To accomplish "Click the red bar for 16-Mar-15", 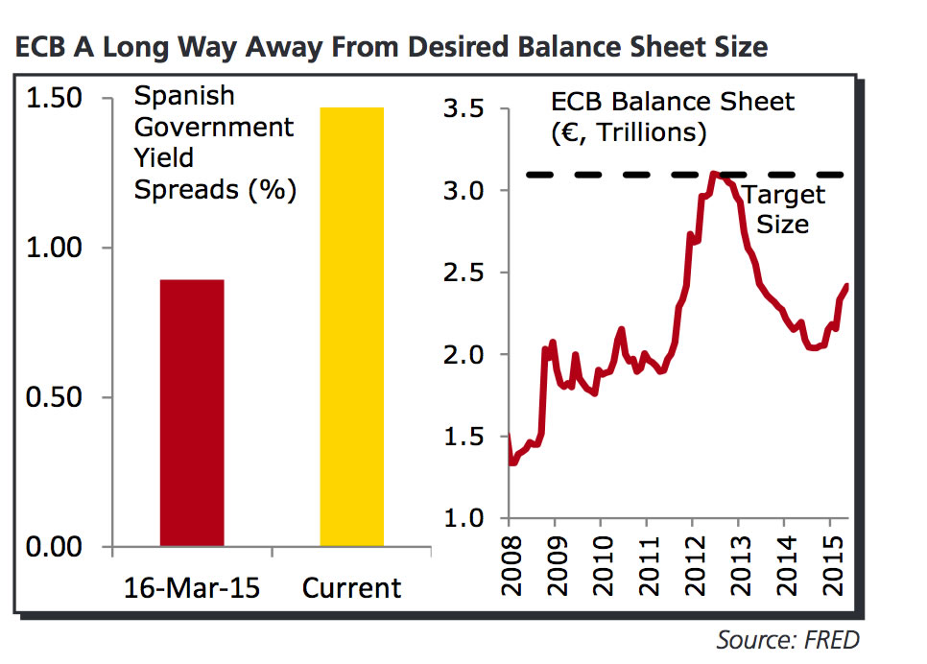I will pos(191,413).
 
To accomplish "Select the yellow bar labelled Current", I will pos(351,326).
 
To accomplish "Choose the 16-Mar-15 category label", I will pos(192,587).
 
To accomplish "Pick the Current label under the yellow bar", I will pos(351,587).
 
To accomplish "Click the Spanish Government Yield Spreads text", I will pos(214,143).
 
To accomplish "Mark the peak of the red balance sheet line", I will pos(713,174).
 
